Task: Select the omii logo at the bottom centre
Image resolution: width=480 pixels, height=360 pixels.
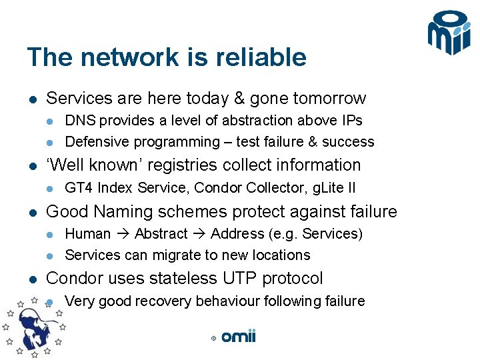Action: click(x=238, y=337)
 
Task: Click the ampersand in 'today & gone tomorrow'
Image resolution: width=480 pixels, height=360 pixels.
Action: click(x=239, y=99)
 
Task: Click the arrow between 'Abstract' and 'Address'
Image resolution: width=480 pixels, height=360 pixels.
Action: click(x=199, y=234)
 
